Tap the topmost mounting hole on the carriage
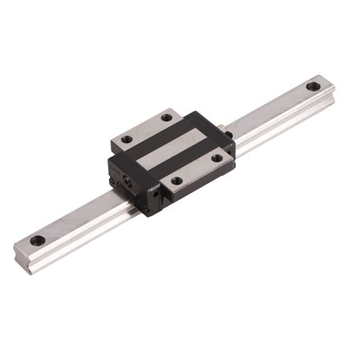point(166,118)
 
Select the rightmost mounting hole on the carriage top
point(217,158)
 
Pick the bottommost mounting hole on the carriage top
point(177,181)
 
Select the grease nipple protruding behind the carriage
point(225,126)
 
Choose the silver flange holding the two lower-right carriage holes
point(197,169)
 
